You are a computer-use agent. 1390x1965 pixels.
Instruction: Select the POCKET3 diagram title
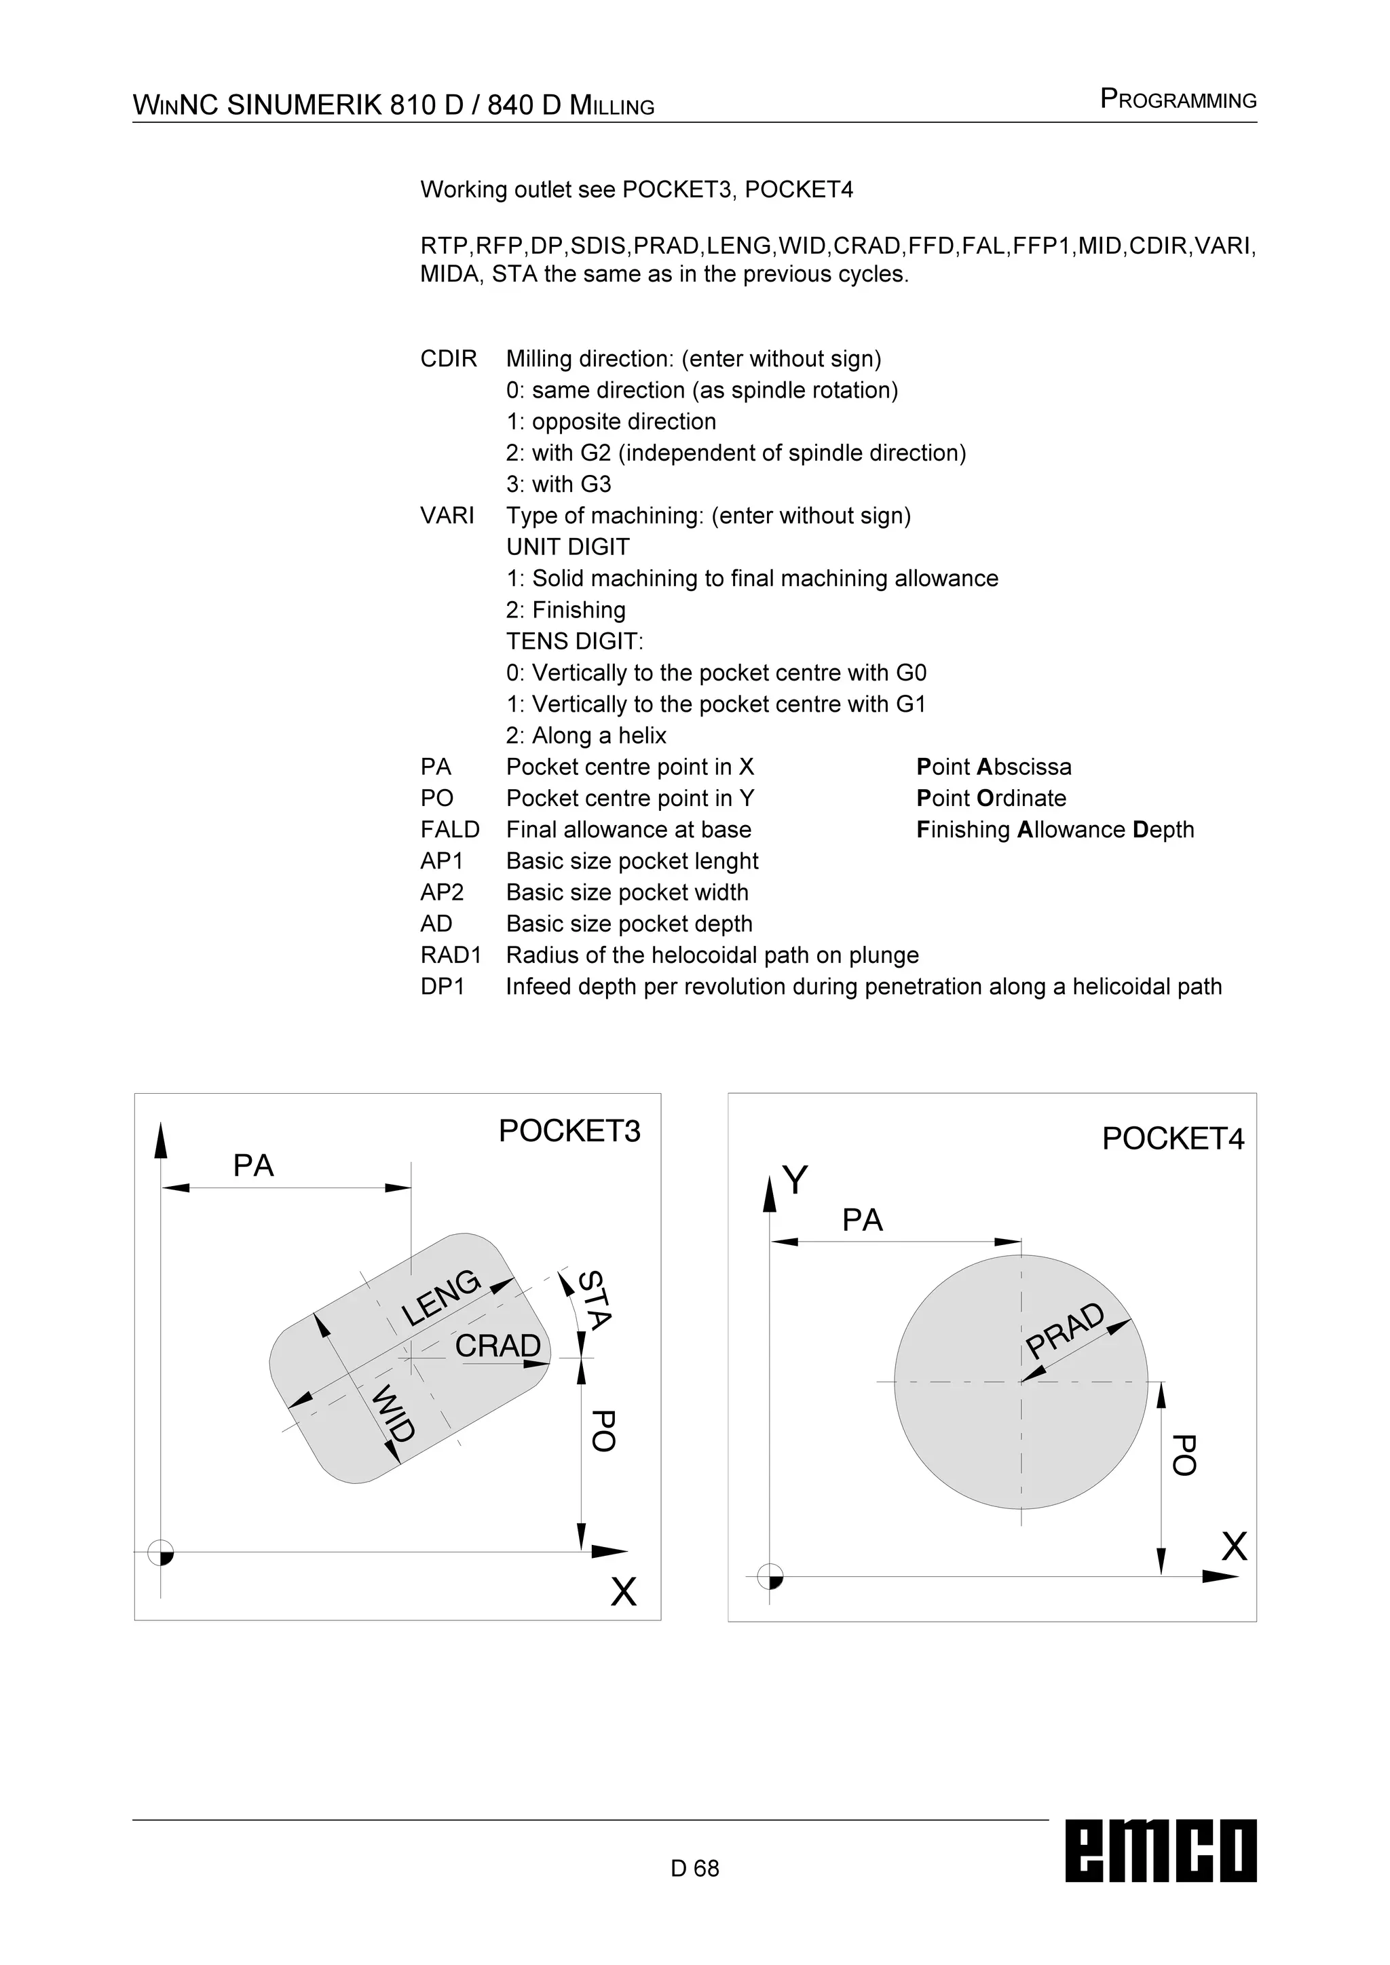coord(569,1131)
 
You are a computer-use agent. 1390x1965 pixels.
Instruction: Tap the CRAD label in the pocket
coord(497,1346)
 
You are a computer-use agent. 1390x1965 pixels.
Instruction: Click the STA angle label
coord(595,1301)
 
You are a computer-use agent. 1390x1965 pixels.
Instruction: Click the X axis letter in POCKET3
coord(623,1592)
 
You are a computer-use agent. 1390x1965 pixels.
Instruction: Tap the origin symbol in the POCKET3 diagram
coord(161,1552)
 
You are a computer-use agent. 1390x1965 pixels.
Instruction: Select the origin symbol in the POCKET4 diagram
coord(770,1576)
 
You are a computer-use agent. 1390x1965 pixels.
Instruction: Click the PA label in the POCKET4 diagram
coord(862,1221)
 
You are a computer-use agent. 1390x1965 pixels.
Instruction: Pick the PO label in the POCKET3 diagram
coord(603,1431)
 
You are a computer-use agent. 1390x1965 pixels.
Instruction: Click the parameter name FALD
coord(449,830)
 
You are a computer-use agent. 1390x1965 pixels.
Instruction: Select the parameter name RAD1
coord(451,955)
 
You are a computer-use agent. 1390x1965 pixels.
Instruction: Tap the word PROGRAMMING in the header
coord(1178,100)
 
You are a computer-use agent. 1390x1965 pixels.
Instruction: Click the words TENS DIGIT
coord(574,642)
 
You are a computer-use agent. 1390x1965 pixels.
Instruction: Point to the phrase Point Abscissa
coord(993,767)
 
